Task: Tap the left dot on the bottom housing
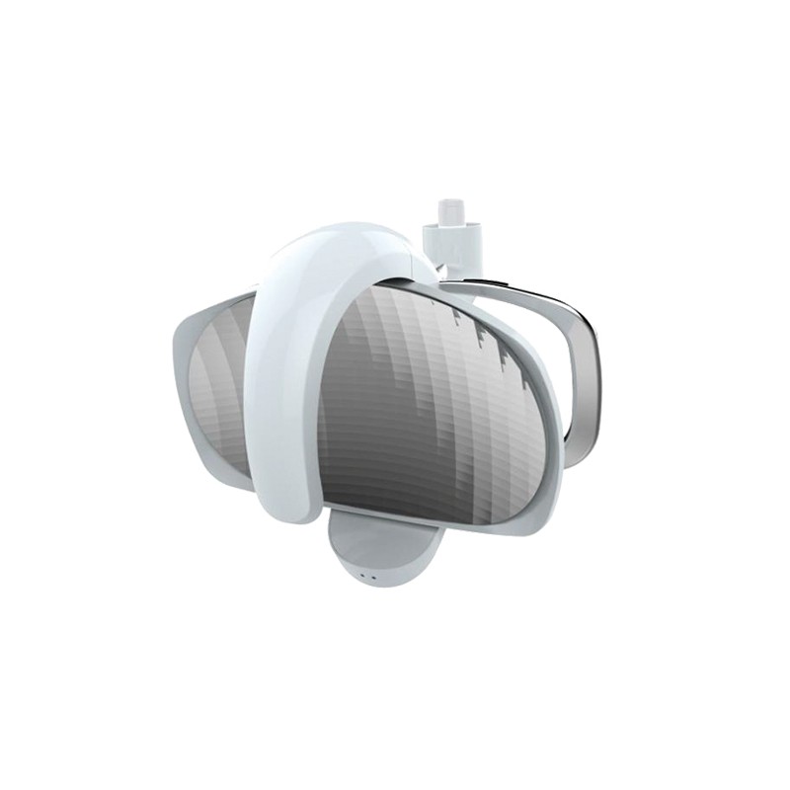point(361,577)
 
